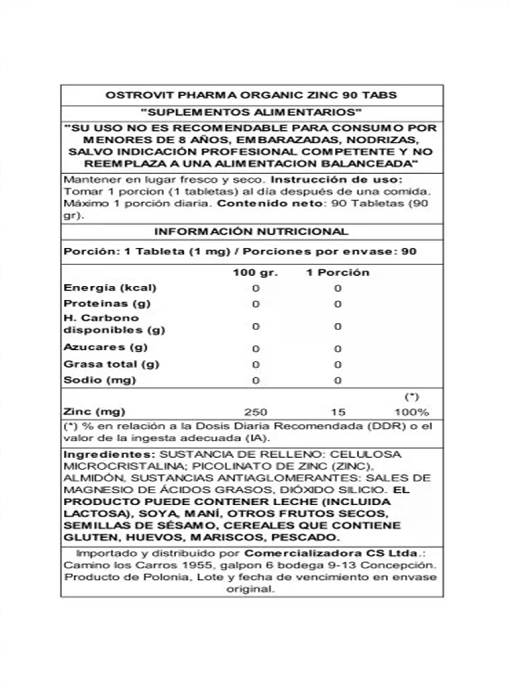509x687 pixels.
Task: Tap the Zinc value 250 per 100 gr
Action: [x=255, y=412]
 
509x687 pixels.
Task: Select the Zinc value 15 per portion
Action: [x=338, y=412]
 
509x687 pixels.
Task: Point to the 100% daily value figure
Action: [x=412, y=412]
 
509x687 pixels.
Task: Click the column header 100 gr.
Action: [x=255, y=273]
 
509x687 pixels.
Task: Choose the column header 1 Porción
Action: [x=338, y=273]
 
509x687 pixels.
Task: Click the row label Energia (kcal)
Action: [x=110, y=288]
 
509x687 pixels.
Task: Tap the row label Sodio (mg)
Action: [x=99, y=380]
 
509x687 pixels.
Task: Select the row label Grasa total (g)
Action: [x=111, y=364]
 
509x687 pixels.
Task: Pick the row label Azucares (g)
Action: [x=106, y=347]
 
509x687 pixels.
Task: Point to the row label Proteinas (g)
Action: [x=107, y=304]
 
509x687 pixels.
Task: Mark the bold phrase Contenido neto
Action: [x=270, y=203]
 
